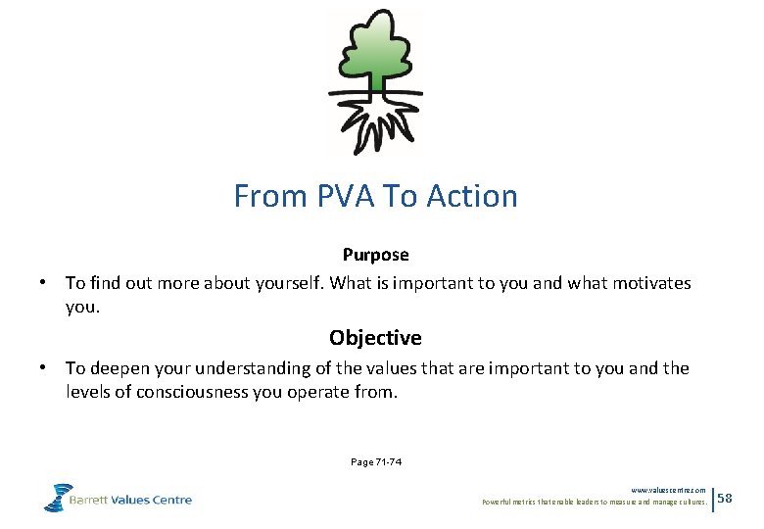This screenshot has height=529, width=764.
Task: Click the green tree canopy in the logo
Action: tap(375, 49)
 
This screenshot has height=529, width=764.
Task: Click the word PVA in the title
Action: tap(347, 196)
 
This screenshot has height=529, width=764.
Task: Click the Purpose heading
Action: tap(375, 255)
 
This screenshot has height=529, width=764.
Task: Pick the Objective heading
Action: tap(375, 338)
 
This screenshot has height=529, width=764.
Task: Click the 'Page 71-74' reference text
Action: tap(375, 462)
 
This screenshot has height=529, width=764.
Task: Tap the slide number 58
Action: tap(725, 500)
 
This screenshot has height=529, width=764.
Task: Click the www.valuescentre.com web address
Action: tap(668, 490)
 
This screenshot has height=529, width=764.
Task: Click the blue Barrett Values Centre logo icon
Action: tap(58, 497)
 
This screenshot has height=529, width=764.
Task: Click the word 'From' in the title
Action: tap(269, 196)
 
